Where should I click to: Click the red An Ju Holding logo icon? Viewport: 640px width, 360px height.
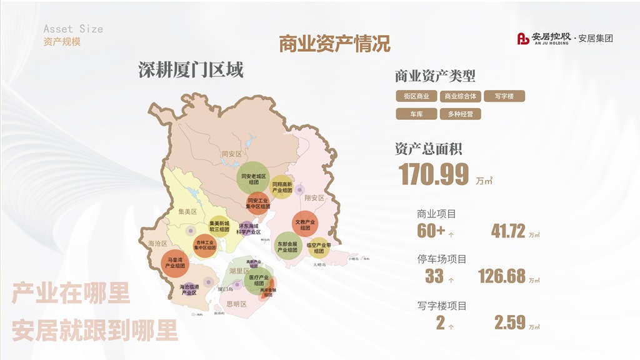tap(523, 39)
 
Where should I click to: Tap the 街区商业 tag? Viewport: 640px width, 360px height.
tap(416, 96)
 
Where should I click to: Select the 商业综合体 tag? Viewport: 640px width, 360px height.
tap(461, 96)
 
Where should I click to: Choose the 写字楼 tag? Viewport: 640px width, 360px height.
tap(504, 96)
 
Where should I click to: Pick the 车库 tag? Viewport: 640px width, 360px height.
tap(416, 114)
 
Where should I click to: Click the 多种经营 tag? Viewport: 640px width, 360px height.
tap(461, 114)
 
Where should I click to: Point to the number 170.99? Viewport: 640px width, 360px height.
tap(434, 174)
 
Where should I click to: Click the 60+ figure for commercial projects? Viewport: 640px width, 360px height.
tap(431, 231)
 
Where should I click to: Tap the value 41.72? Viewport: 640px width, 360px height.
tap(508, 231)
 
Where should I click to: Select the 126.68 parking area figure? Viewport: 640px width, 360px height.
tap(502, 276)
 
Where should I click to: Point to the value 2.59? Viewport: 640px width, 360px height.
tap(510, 322)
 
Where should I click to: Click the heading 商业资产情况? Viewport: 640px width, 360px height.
tap(334, 44)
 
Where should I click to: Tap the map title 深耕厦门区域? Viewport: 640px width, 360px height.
tap(191, 70)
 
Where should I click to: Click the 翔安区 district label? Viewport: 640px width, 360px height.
tap(314, 198)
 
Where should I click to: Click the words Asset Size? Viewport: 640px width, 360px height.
tap(73, 29)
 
